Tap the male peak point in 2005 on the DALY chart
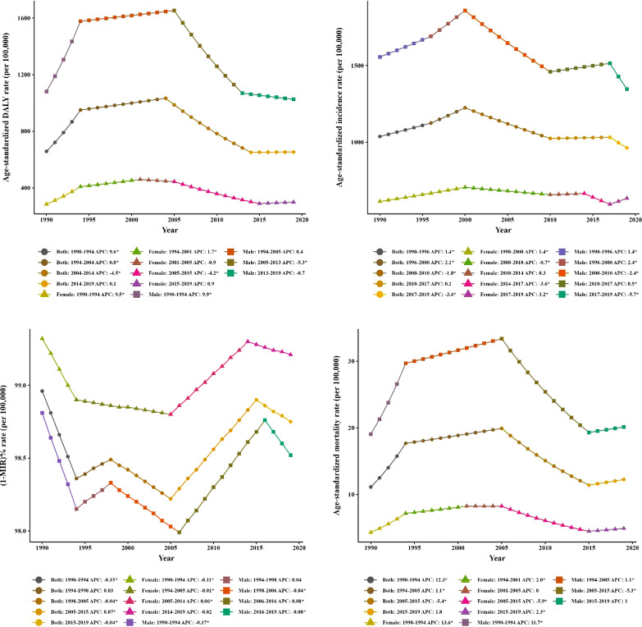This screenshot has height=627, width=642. click(174, 11)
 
